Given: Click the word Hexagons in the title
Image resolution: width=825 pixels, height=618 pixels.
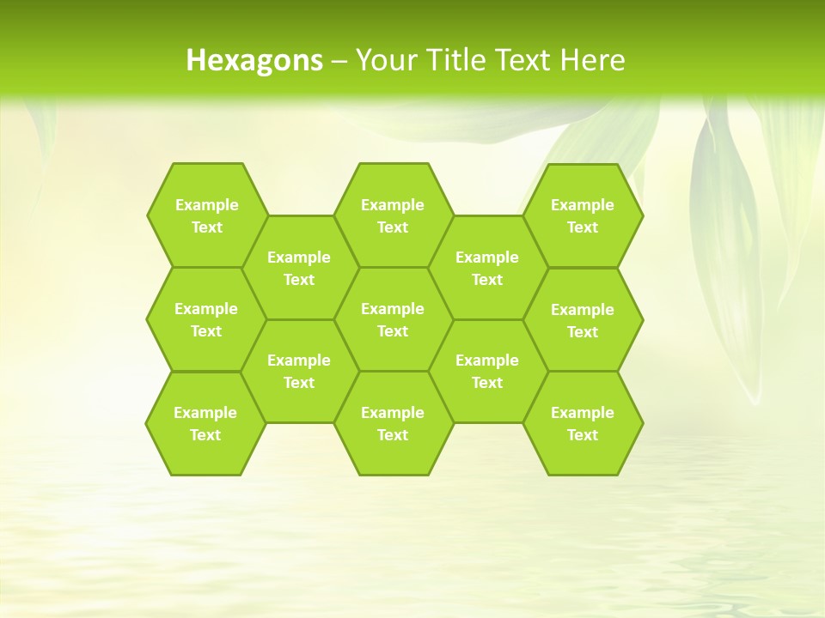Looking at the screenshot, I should point(254,60).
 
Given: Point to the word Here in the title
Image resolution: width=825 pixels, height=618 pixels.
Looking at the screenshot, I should point(593,60).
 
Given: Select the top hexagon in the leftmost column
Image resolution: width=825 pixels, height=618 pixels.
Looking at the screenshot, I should point(206,215).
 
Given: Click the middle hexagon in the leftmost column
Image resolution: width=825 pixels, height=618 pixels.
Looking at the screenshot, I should point(206,319).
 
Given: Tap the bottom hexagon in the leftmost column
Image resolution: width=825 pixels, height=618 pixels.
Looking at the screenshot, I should point(205,423).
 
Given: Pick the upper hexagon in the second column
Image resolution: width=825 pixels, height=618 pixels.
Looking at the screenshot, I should point(299,268).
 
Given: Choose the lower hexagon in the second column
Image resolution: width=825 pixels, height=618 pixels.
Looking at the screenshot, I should point(299,371).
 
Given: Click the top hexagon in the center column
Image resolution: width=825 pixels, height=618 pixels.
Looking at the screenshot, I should point(393,215).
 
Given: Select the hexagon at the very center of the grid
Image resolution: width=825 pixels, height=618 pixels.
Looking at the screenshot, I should point(393,319).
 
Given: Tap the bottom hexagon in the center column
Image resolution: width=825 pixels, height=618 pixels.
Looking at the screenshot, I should point(393,423).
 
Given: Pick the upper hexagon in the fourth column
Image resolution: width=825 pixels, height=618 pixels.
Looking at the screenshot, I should point(487,268).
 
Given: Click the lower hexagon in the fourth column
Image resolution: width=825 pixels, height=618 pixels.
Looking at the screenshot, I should point(487,371).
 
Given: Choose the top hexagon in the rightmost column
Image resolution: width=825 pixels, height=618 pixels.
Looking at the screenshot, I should point(583,215).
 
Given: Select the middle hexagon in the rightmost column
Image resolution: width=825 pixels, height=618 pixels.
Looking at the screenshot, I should point(583,320).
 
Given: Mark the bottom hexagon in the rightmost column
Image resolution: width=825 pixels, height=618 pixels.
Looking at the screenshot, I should point(583,423).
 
